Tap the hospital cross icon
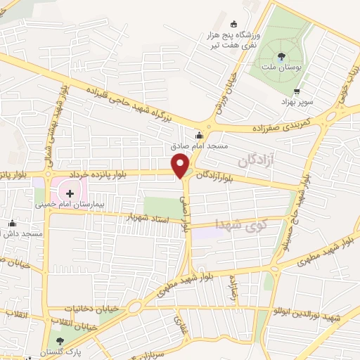tap(71, 192)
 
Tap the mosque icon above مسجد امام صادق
tap(200, 136)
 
